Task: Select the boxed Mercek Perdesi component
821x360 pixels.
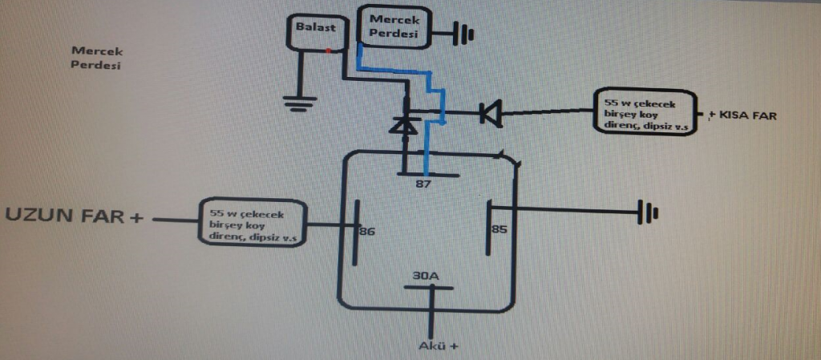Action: (x=394, y=27)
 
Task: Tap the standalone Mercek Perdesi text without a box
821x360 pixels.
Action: (x=97, y=59)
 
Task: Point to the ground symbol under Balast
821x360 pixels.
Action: (x=300, y=103)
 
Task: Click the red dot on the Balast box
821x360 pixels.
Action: (x=328, y=51)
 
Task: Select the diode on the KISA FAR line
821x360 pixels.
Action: (x=491, y=114)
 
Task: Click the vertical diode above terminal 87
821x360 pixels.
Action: (x=405, y=123)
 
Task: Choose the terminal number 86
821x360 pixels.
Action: (x=367, y=231)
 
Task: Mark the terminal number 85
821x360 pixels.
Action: (x=499, y=229)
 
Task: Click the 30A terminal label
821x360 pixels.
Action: (x=425, y=276)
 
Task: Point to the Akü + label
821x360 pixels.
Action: (x=439, y=346)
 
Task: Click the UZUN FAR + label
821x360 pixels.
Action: (x=74, y=216)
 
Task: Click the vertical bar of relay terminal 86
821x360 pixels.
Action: (x=355, y=233)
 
